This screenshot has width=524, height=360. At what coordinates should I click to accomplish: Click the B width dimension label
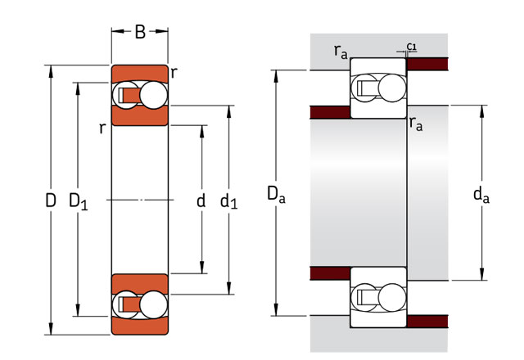click(140, 32)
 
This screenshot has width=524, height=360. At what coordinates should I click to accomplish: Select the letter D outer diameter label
click(51, 200)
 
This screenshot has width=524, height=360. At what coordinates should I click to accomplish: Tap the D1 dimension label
click(79, 202)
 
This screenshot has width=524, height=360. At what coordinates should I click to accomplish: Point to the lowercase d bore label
click(201, 200)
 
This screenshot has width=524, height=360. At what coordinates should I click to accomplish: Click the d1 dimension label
click(229, 202)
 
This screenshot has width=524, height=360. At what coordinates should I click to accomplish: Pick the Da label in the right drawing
click(276, 195)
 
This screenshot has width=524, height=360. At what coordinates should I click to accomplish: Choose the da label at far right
click(481, 195)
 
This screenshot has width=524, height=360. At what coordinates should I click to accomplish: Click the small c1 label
click(412, 47)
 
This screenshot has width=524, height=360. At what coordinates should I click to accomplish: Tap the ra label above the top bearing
click(341, 52)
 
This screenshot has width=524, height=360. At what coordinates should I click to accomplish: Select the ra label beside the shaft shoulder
click(416, 124)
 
